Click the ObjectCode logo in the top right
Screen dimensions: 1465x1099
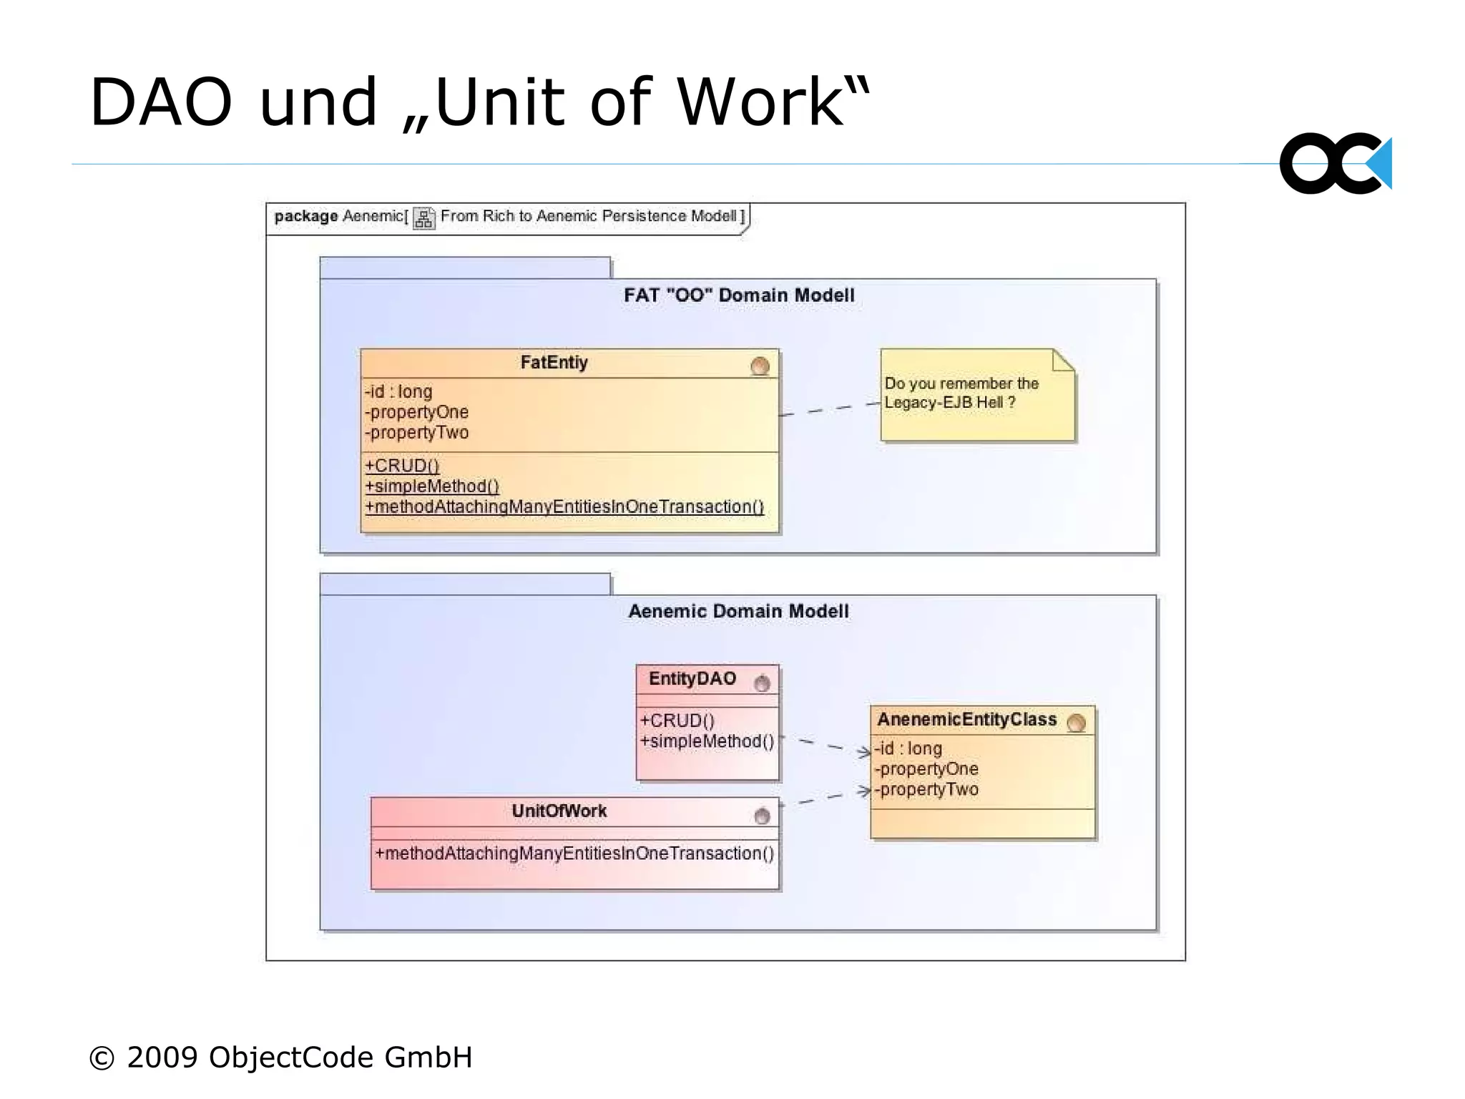pos(1335,163)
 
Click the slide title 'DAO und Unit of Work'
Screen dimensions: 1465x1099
pos(479,102)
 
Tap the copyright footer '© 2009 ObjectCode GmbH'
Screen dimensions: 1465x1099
pos(280,1057)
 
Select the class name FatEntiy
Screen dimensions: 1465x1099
pos(554,363)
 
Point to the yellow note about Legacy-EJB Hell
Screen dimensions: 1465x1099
pos(976,394)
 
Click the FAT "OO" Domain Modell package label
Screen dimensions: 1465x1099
pos(738,295)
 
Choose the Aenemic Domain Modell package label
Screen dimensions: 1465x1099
pos(738,611)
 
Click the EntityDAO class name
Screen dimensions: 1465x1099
pos(692,679)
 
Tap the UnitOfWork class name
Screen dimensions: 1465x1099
pos(559,811)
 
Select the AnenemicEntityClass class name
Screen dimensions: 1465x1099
pos(966,720)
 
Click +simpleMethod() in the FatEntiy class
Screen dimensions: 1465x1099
pos(432,487)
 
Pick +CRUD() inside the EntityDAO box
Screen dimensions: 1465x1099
pos(677,721)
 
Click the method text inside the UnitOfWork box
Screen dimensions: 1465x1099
pos(574,854)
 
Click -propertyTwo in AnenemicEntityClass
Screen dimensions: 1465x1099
pos(926,790)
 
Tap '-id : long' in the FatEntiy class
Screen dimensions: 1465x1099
pos(398,392)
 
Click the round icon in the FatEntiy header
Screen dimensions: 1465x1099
pos(760,366)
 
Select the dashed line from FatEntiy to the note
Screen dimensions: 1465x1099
pos(830,409)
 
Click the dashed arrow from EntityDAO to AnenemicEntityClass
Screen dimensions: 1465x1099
pos(825,745)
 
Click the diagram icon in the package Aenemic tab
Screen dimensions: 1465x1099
pos(423,218)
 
